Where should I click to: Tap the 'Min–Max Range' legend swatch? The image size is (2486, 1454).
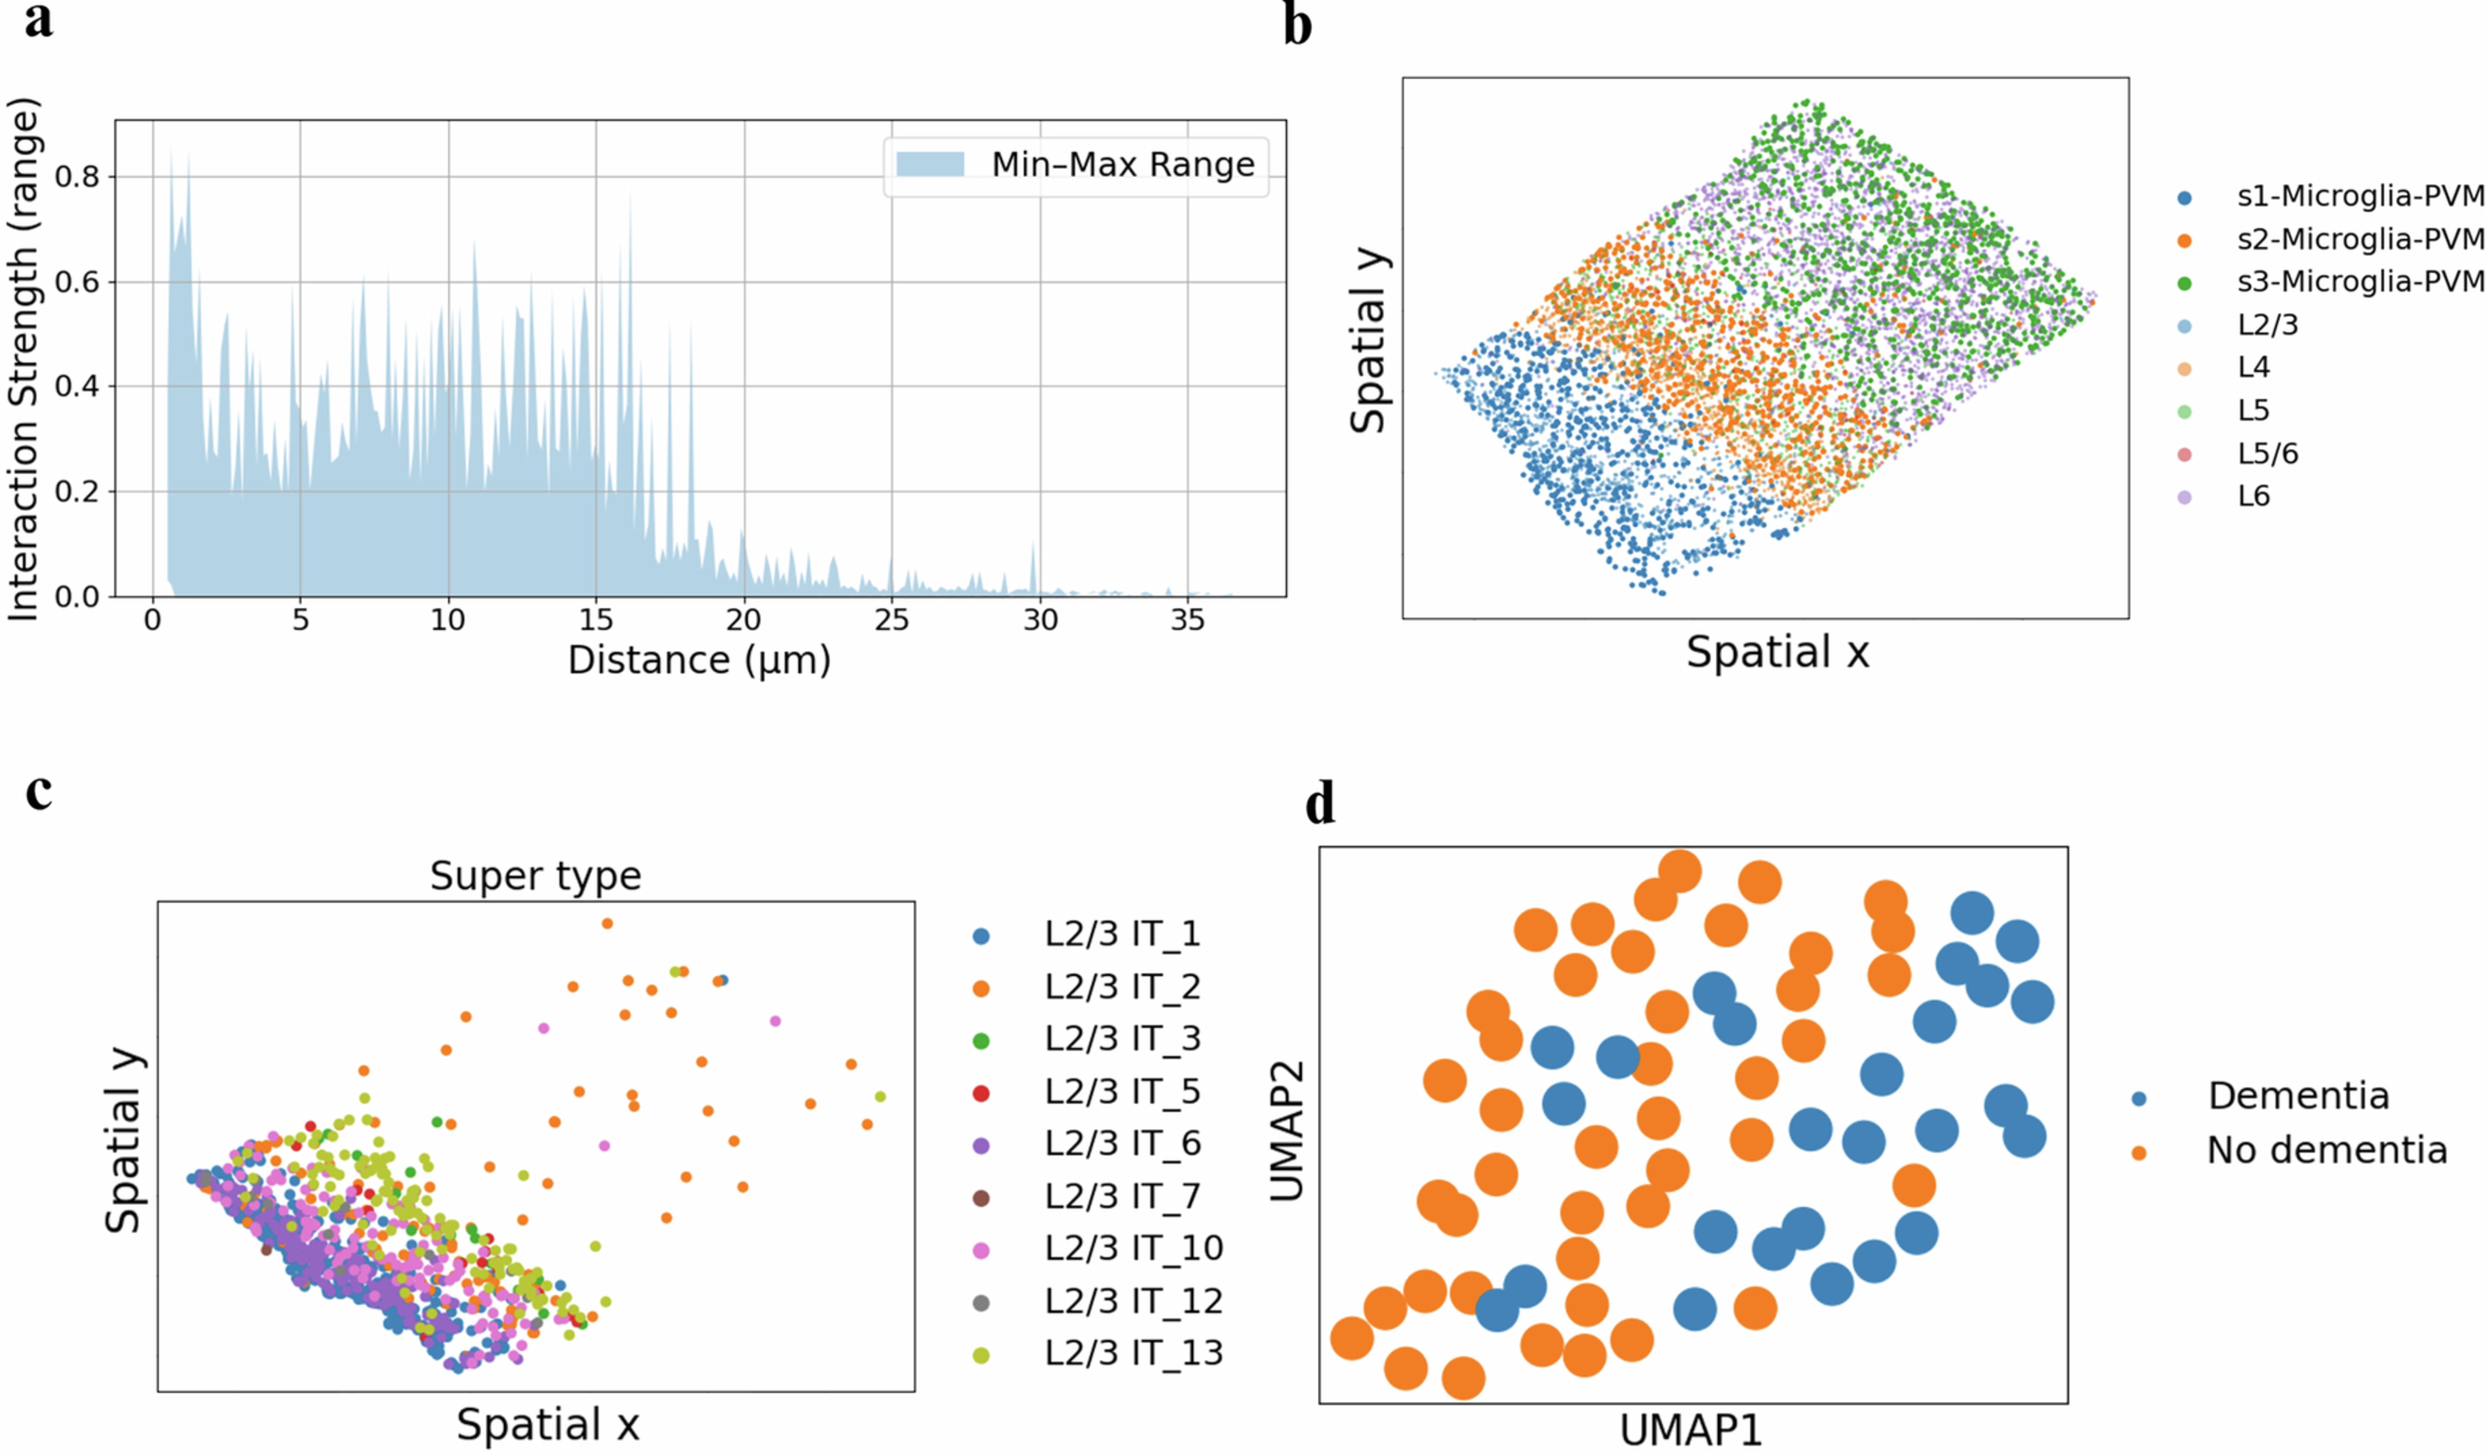pyautogui.click(x=930, y=164)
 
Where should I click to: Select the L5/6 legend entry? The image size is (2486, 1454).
pyautogui.click(x=2267, y=454)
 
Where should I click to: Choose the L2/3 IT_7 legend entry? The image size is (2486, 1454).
pyautogui.click(x=1122, y=1196)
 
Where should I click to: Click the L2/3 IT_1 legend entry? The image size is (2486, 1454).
pyautogui.click(x=1122, y=934)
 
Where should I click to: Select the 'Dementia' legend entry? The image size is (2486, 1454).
pyautogui.click(x=2297, y=1096)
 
